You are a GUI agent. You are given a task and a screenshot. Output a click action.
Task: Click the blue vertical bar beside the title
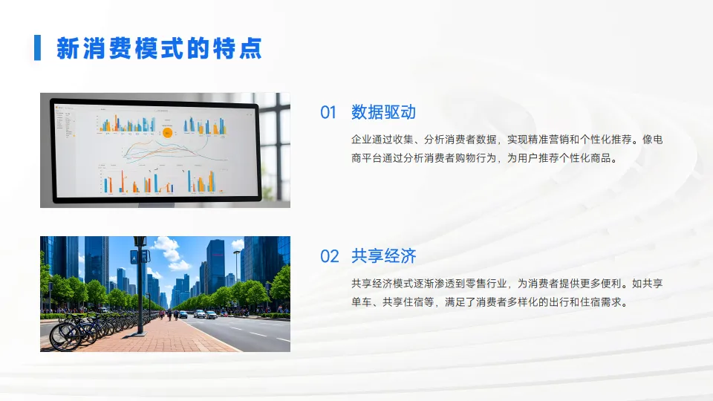37,48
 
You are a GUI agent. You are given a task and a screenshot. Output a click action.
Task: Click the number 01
328,112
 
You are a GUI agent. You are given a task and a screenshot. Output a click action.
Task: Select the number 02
329,257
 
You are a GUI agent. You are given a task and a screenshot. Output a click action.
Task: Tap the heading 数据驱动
383,112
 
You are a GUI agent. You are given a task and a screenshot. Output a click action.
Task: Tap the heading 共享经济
383,257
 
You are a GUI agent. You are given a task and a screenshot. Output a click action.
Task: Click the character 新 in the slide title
68,48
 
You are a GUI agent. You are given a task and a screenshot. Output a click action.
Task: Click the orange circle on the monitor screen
167,133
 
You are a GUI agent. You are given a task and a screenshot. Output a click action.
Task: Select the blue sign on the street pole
135,256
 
